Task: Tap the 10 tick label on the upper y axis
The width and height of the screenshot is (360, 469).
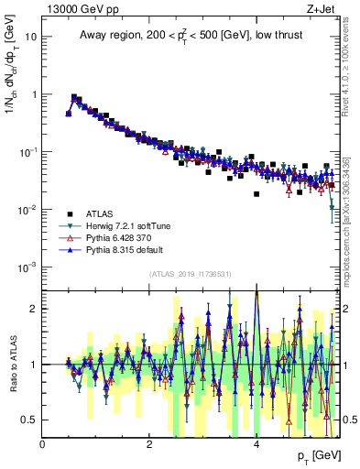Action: (31, 38)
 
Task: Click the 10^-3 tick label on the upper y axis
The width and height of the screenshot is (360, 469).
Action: (27, 267)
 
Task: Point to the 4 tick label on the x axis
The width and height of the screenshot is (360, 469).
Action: (256, 443)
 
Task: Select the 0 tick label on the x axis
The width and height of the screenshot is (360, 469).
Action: (43, 443)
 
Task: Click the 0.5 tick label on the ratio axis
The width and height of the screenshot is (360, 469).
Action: (29, 420)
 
